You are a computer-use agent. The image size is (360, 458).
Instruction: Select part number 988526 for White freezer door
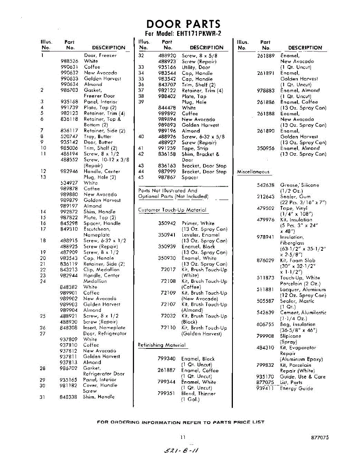69,61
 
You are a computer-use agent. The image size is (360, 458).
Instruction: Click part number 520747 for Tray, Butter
69,136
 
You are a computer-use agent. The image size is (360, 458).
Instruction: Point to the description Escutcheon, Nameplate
97,232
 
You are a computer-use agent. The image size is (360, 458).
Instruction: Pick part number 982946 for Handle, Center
69,171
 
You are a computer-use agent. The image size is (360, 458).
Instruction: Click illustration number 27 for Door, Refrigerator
43,333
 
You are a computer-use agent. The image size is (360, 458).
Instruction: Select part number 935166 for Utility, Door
167,67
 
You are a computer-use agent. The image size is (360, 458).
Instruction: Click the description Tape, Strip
195,148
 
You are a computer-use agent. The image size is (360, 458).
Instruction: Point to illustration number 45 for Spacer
141,177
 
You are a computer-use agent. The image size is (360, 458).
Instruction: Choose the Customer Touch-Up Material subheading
172,210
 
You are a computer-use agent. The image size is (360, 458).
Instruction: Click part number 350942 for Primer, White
167,223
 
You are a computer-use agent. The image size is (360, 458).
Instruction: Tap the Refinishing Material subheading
161,345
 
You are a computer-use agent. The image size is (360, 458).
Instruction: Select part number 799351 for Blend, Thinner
166,393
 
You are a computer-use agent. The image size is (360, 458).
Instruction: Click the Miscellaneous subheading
253,172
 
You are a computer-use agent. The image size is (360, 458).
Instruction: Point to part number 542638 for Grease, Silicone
266,185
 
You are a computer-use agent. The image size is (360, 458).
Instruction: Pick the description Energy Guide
296,389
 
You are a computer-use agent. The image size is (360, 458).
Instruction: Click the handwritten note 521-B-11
182,449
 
